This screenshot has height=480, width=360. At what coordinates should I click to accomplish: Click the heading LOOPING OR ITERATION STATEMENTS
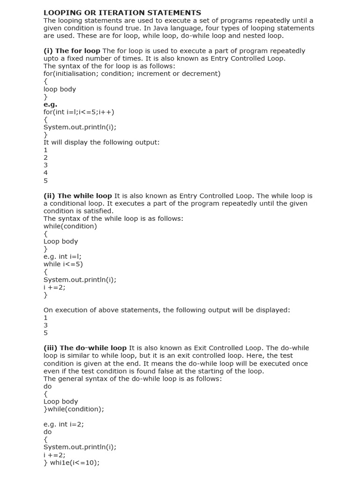click(x=122, y=13)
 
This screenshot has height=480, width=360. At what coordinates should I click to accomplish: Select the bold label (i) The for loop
click(x=72, y=51)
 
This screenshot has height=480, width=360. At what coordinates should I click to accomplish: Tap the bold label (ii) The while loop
click(x=78, y=195)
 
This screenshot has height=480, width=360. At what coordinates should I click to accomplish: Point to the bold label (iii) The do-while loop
click(x=85, y=348)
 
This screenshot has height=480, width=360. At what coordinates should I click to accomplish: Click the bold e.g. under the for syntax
click(x=50, y=105)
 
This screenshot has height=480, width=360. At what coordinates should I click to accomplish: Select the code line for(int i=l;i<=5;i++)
click(x=79, y=112)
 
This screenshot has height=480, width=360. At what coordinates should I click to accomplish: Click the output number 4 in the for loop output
click(x=45, y=173)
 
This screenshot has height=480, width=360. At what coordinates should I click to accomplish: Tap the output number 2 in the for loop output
click(x=45, y=157)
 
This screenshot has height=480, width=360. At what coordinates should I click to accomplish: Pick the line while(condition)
click(x=70, y=226)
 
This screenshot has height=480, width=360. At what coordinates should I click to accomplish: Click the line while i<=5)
click(x=63, y=264)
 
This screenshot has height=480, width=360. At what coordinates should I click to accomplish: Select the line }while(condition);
click(x=74, y=409)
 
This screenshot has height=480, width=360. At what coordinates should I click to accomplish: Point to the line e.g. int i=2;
click(x=64, y=424)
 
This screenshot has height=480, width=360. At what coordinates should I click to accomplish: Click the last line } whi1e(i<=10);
click(x=72, y=462)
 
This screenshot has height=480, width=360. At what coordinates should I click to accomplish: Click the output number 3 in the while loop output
click(x=45, y=325)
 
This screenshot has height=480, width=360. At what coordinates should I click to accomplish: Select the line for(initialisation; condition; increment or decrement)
click(x=132, y=74)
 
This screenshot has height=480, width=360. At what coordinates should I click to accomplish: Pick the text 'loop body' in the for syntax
click(x=60, y=89)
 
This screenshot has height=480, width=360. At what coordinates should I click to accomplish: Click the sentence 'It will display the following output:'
click(x=102, y=142)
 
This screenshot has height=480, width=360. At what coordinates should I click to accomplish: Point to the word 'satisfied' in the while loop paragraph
click(x=97, y=211)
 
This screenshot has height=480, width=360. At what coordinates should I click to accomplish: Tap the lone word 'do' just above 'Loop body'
click(x=47, y=386)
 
